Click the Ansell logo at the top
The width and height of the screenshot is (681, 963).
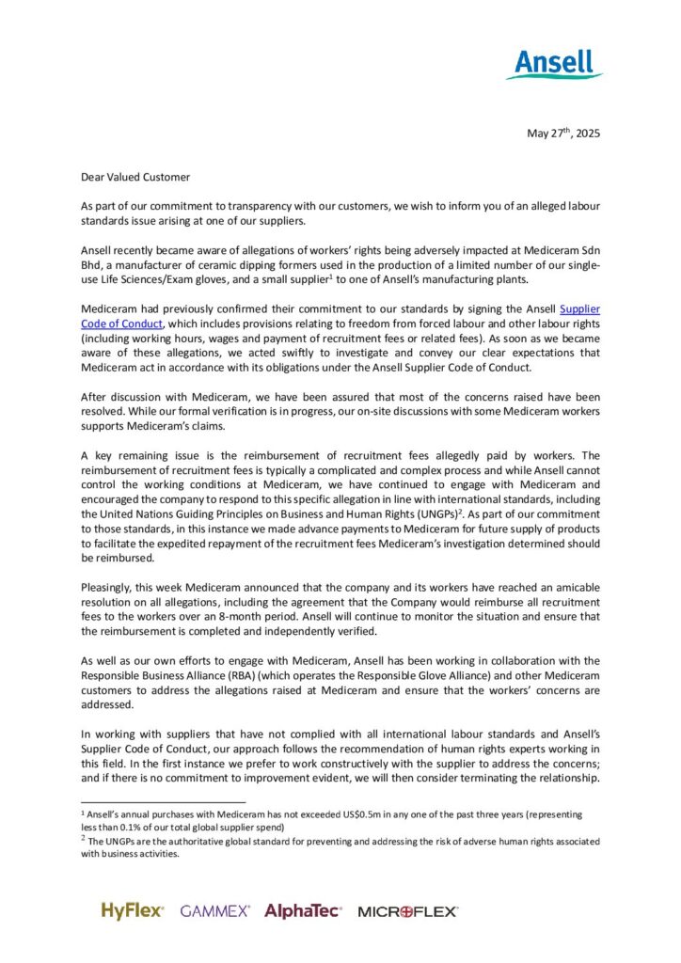coord(555,64)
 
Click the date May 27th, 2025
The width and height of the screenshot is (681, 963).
coord(562,133)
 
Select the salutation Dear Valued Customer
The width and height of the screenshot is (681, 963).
coord(135,177)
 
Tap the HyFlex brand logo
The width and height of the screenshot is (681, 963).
coord(133,910)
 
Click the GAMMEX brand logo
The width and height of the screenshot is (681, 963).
coord(215,911)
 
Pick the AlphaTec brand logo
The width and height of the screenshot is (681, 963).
coord(303,910)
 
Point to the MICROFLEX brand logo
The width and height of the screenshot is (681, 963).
coord(407,911)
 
